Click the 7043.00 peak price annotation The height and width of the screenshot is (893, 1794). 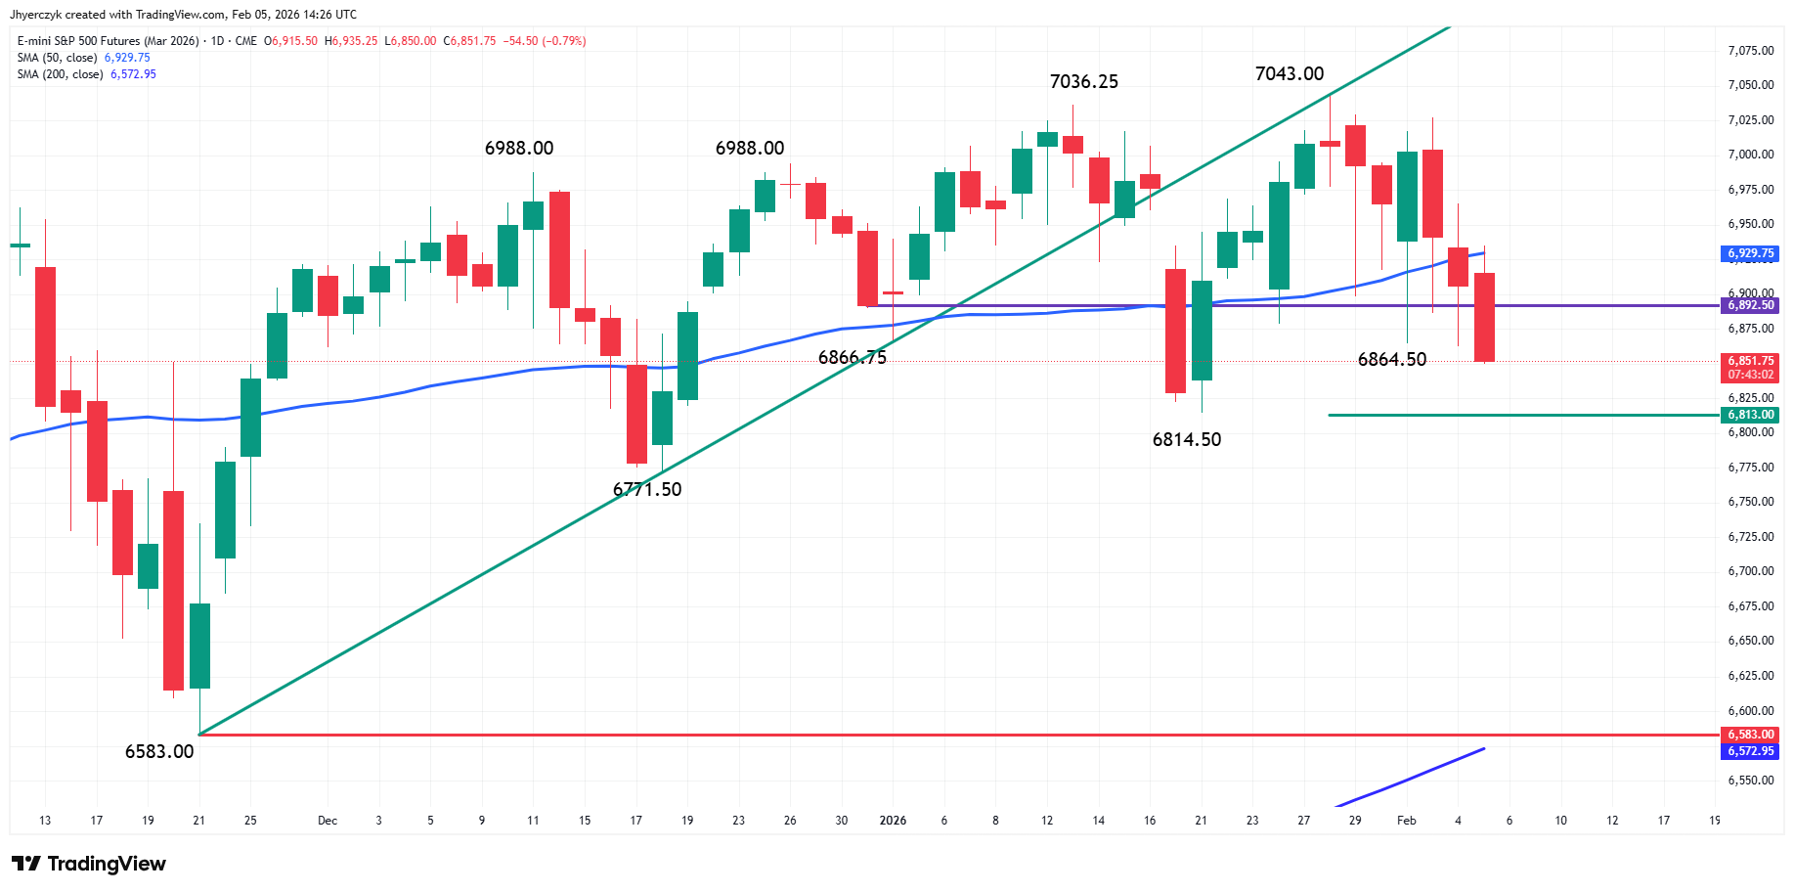[1289, 74]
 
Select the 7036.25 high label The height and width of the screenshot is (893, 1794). [1083, 82]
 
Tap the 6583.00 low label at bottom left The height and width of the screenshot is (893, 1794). [159, 752]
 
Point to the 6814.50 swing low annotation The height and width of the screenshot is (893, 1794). [1186, 440]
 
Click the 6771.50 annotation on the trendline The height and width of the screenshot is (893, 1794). [647, 490]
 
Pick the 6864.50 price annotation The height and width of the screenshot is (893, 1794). [1391, 360]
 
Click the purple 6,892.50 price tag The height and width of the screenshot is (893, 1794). [1750, 305]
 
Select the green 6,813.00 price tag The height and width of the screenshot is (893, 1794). [1750, 415]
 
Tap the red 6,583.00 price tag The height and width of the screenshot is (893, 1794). [1750, 735]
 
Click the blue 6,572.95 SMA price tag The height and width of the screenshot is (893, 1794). [1750, 751]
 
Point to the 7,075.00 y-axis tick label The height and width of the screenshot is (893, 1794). [1750, 51]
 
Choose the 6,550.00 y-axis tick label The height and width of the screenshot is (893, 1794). [1750, 781]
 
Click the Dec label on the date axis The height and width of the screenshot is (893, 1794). [328, 821]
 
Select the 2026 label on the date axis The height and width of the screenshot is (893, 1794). [893, 821]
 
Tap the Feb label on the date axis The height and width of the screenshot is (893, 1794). [1406, 821]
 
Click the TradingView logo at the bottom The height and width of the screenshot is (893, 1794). [89, 864]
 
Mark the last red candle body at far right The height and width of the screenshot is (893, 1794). [1484, 317]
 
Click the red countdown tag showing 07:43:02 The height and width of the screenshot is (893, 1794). [1750, 375]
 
